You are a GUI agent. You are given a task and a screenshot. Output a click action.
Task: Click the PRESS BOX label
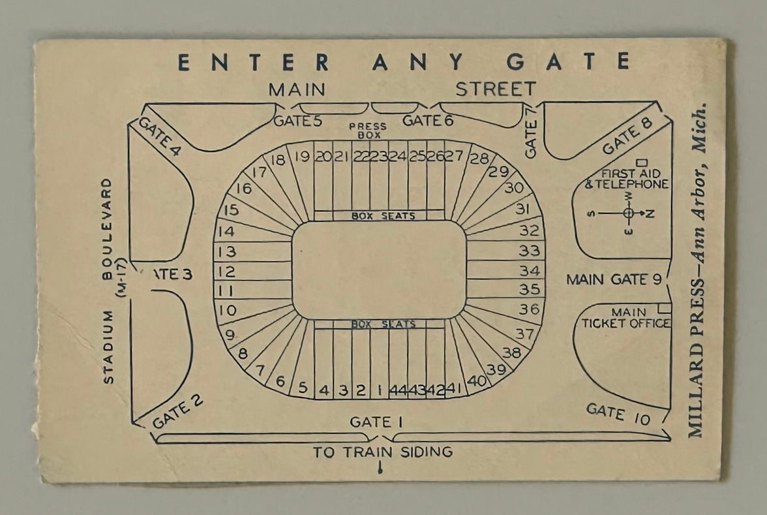coord(367,130)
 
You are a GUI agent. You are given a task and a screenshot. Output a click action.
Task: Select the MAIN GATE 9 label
coord(614,279)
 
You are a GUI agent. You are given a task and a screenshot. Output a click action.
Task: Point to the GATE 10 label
coord(618,414)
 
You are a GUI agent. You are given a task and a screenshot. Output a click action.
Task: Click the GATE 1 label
coord(376,422)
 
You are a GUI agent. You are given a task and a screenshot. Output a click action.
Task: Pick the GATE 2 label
coord(177,413)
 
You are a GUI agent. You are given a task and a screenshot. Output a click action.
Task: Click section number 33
coord(530,250)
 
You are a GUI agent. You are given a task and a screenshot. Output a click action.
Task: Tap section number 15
coord(230,211)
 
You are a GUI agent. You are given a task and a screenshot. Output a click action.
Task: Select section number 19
coord(301,157)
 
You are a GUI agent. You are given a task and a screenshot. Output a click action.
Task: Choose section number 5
coord(302,387)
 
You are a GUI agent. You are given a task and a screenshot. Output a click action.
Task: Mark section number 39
coord(496,369)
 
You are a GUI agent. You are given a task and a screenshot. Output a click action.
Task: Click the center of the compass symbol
coord(628,213)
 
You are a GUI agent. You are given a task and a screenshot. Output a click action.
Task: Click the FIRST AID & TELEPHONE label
coord(626,179)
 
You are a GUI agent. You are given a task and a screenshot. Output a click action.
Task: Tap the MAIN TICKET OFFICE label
coord(625,318)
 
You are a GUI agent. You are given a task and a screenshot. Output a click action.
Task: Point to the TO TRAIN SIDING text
coord(382,452)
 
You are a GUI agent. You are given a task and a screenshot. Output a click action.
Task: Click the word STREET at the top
coord(495,89)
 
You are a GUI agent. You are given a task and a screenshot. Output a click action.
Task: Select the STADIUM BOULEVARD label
coord(108,281)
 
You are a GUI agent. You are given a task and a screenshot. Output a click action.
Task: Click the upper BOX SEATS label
coord(379,216)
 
